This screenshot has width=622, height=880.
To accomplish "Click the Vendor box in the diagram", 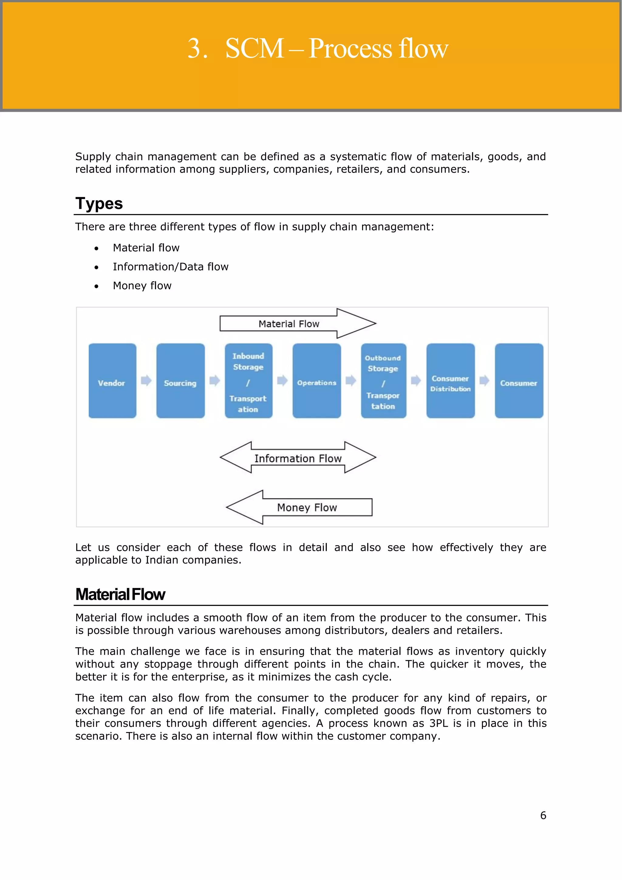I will click(112, 380).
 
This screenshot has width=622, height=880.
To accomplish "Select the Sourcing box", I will click(180, 380).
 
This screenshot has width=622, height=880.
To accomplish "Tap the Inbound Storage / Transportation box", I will click(248, 380).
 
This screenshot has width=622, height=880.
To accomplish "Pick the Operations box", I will click(317, 380).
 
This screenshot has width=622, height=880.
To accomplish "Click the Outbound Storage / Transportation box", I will click(383, 380).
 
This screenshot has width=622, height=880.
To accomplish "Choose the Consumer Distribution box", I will click(450, 380).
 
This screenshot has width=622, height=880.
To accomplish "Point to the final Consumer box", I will click(519, 380).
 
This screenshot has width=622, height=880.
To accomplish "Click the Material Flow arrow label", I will click(289, 324).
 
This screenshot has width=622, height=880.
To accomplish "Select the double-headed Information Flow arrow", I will click(298, 458).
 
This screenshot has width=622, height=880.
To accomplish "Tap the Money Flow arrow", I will click(306, 507).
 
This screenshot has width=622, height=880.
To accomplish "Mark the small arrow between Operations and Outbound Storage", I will click(351, 380).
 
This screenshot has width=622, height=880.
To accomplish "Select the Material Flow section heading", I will click(120, 594).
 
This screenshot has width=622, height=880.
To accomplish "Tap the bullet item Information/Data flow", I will click(170, 267).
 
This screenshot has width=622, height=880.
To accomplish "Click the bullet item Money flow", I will click(142, 286).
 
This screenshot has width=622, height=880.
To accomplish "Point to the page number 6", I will click(543, 816).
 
